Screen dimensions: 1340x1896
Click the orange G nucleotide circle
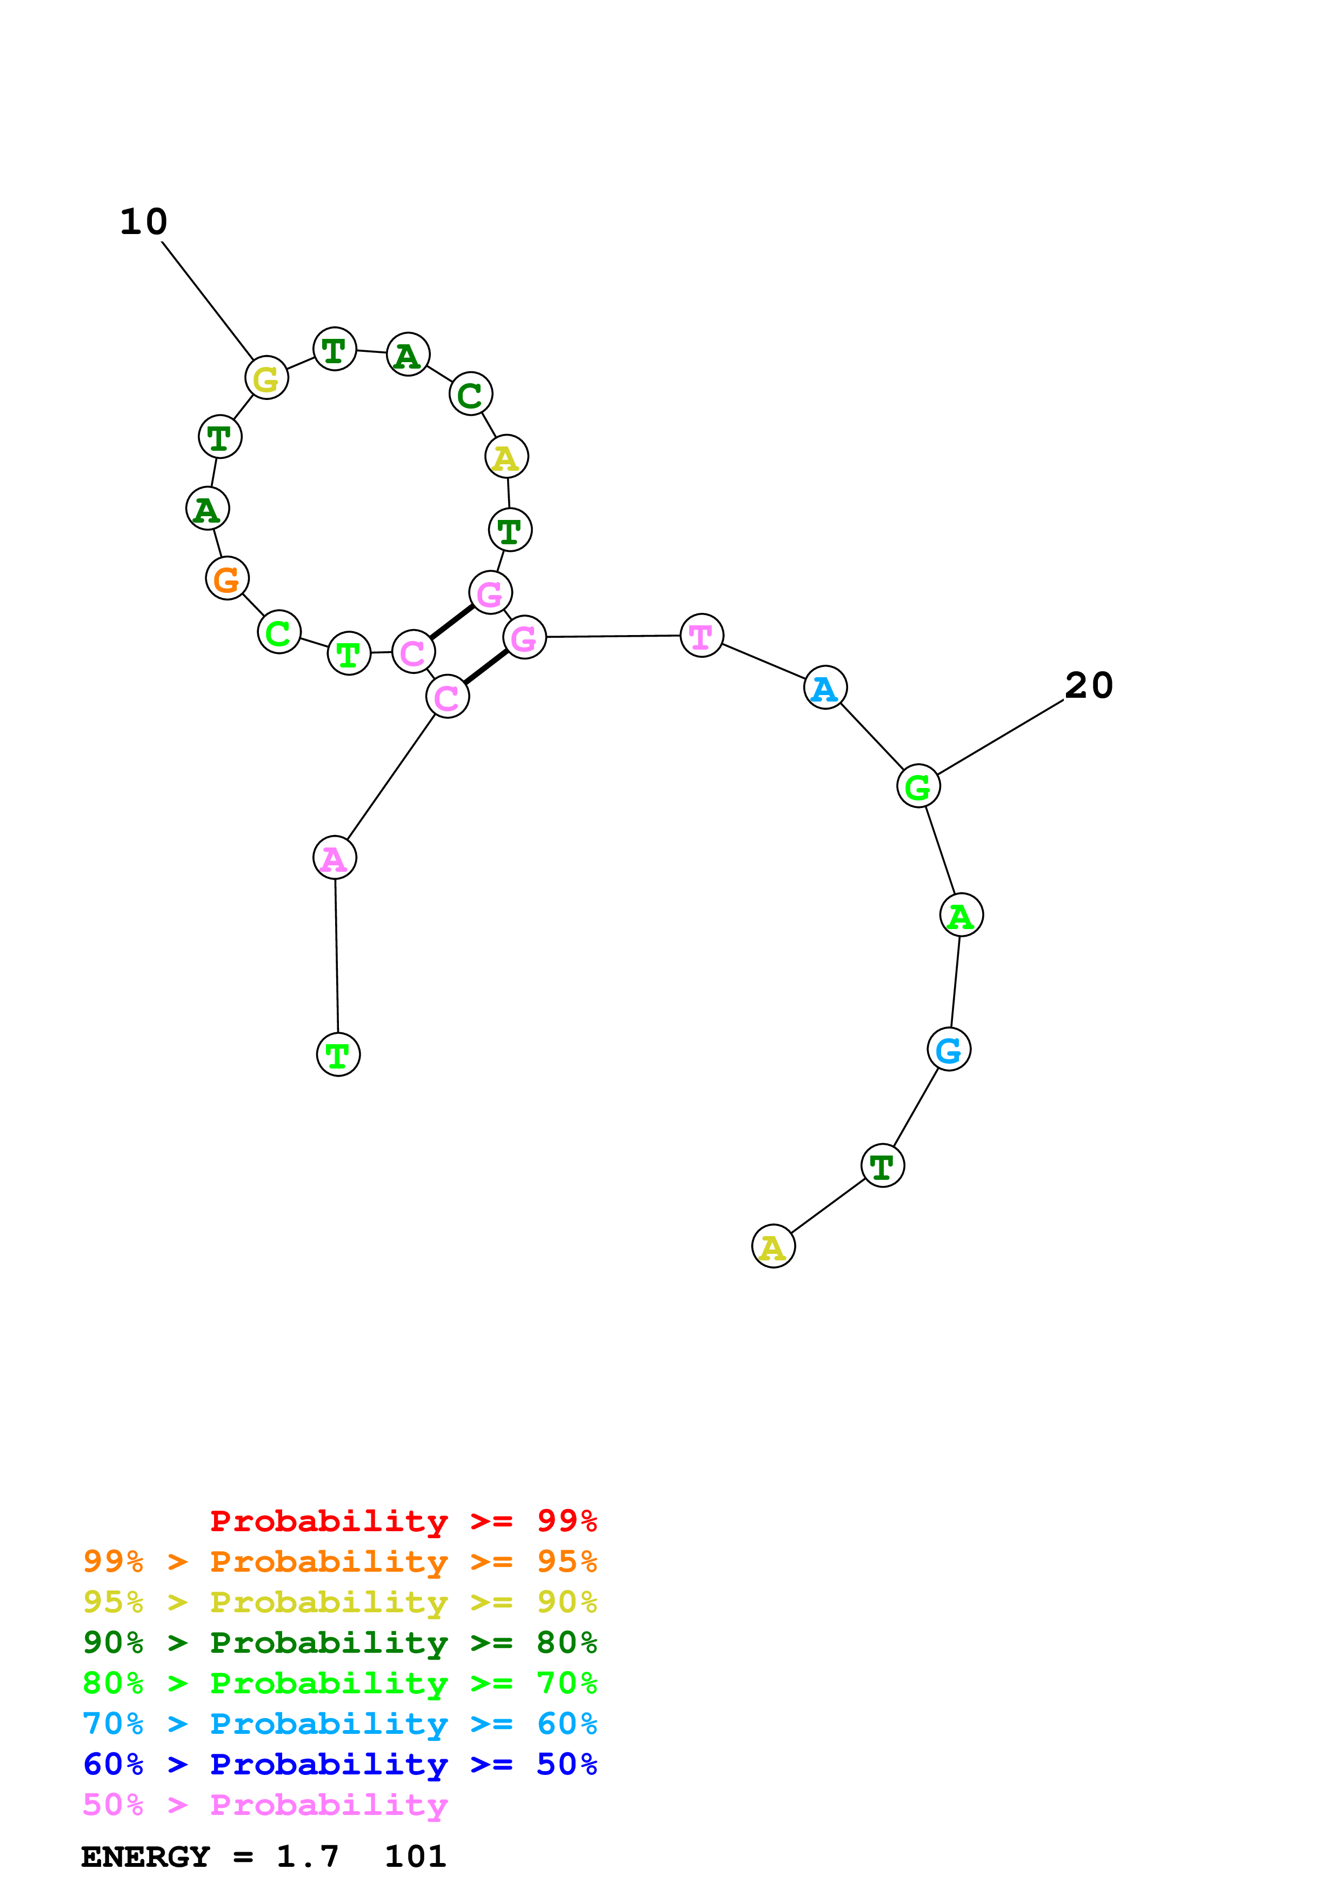coord(227,579)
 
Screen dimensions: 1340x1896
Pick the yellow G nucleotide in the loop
coord(266,378)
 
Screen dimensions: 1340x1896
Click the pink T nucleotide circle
coord(701,636)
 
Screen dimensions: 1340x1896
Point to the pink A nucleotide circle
coord(335,858)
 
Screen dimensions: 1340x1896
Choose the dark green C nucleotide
coord(471,394)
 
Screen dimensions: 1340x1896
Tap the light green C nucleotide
coord(279,632)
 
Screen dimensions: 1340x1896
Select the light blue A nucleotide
coord(825,688)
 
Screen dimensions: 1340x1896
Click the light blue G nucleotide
coord(949,1050)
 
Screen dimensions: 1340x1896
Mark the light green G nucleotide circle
coord(918,786)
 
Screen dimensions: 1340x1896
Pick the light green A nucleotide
coord(961,916)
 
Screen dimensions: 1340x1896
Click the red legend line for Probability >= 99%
coord(403,1521)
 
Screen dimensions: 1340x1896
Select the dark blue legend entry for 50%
coord(339,1765)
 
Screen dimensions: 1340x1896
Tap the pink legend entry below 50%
coord(264,1805)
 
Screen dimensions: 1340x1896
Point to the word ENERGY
coord(145,1857)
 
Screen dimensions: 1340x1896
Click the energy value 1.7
coord(307,1857)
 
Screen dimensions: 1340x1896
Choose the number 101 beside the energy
coord(415,1857)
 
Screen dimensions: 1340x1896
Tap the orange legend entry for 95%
coord(339,1561)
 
